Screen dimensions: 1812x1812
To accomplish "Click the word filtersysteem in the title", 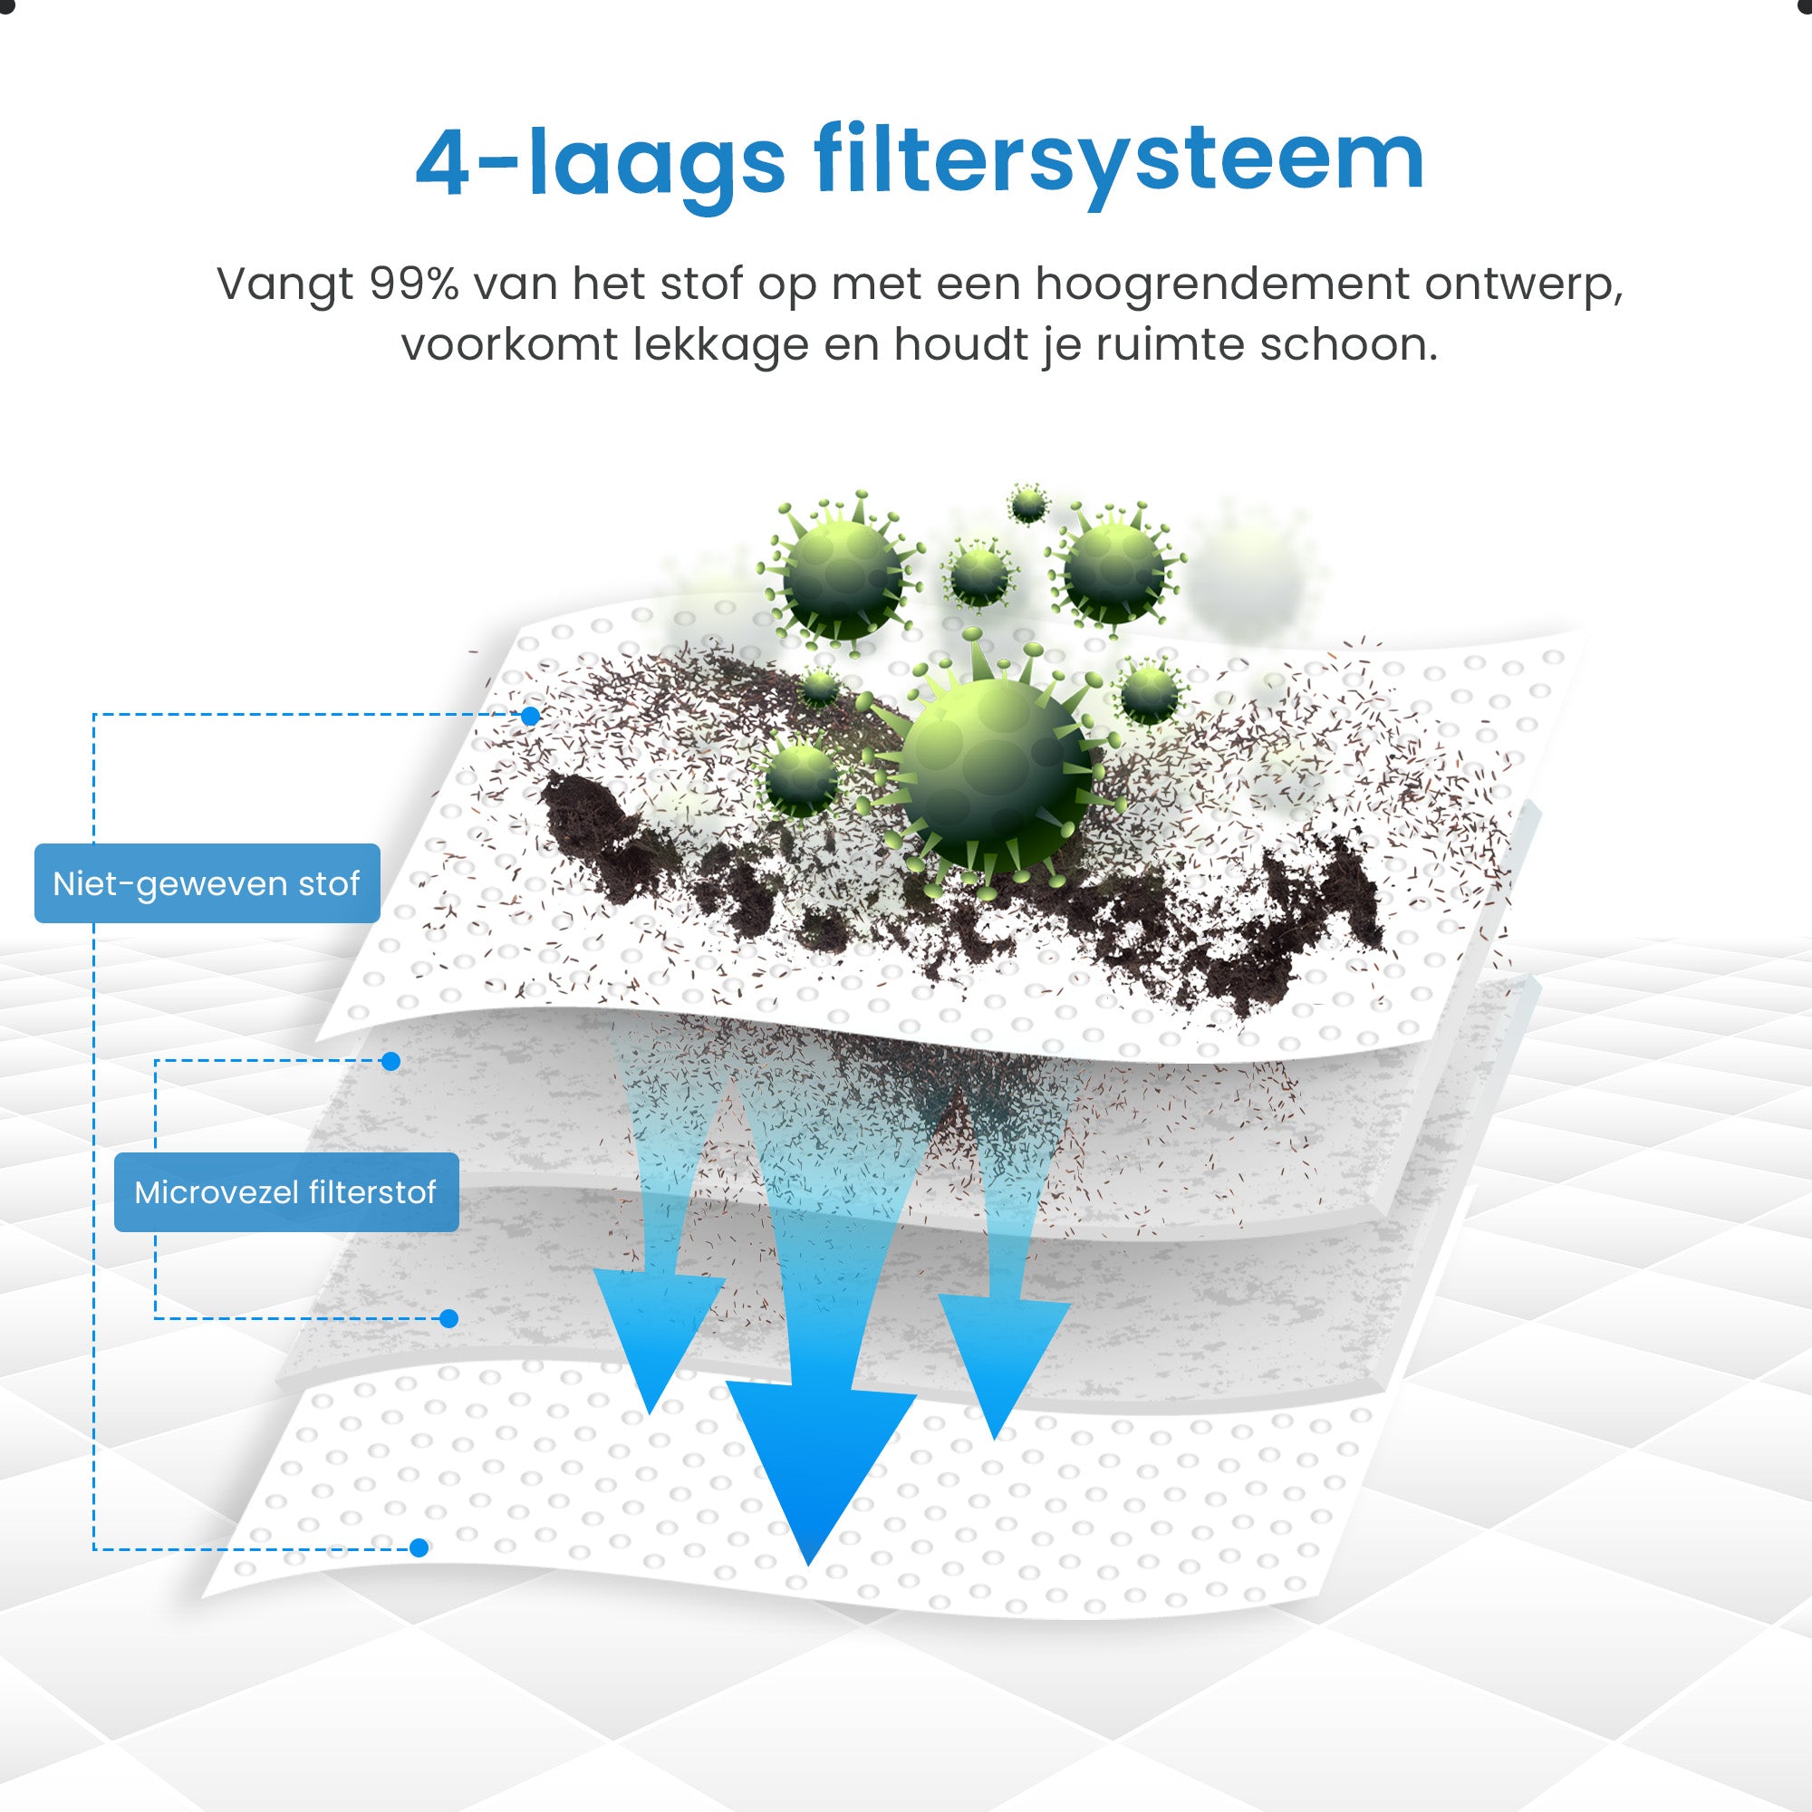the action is (1119, 162).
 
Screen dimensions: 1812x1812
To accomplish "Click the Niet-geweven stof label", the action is (207, 883).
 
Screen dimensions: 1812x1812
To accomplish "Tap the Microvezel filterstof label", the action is (286, 1192).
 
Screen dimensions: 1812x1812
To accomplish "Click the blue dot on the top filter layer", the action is (531, 717).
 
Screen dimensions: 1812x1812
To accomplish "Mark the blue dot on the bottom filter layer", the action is (419, 1547).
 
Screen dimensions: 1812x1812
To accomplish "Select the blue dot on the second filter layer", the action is (391, 1062).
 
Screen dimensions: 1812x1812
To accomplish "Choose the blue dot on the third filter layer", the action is (449, 1318).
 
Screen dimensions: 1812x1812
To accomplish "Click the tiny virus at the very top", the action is (1028, 505).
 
